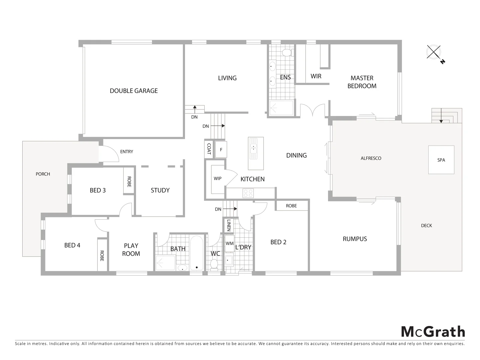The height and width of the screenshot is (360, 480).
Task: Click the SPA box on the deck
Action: (x=441, y=160)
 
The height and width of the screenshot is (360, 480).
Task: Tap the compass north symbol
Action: (x=434, y=52)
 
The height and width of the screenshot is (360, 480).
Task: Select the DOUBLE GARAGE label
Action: (x=134, y=91)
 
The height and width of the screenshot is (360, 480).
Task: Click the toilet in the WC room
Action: (x=214, y=264)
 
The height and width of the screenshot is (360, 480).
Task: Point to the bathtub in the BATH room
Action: (x=197, y=253)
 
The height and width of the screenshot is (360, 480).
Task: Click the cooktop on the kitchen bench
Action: (x=248, y=193)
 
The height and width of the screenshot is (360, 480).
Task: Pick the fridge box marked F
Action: (x=221, y=150)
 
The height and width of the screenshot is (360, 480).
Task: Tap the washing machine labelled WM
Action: (x=230, y=243)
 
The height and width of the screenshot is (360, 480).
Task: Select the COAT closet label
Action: (x=209, y=149)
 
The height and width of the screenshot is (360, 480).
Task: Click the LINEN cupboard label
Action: (x=229, y=225)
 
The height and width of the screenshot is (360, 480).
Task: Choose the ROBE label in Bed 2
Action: (x=291, y=206)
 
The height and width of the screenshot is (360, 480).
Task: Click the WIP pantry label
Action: (x=217, y=179)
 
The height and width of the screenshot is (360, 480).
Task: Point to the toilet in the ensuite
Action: (x=287, y=53)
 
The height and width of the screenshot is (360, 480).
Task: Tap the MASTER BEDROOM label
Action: (x=362, y=82)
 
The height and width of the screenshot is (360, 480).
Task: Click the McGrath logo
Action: (x=433, y=332)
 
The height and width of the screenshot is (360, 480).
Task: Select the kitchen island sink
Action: (x=254, y=148)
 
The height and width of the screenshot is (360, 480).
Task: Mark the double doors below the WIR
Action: (x=312, y=110)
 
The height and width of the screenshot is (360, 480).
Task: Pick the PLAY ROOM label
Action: (x=131, y=250)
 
